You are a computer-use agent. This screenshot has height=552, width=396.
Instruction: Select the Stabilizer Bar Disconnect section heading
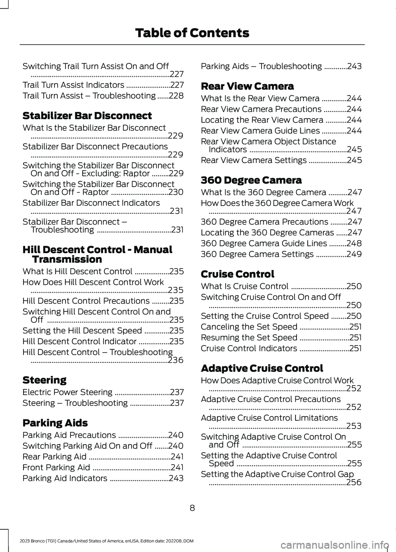click(87, 116)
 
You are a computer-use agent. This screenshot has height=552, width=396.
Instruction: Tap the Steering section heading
click(44, 380)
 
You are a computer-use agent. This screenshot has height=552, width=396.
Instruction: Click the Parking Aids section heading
click(55, 423)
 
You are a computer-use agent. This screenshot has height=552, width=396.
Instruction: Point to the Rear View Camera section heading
click(247, 86)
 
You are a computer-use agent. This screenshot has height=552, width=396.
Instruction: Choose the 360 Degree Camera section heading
click(251, 180)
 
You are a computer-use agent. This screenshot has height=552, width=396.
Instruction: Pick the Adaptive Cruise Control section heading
click(262, 368)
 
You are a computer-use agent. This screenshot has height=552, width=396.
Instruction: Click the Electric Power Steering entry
click(67, 392)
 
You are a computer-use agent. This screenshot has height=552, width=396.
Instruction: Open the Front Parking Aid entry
click(56, 467)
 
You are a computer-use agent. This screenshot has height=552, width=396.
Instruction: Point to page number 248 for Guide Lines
click(354, 244)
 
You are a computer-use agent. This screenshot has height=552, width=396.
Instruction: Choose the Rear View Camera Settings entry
click(253, 160)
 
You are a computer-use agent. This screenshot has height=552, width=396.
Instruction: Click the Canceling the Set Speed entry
click(249, 327)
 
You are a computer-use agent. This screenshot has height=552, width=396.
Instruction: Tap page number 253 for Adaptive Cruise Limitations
click(354, 426)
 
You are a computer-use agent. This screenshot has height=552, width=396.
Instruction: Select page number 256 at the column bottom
click(354, 482)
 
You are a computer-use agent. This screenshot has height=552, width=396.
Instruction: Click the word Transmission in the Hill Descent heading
click(67, 260)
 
